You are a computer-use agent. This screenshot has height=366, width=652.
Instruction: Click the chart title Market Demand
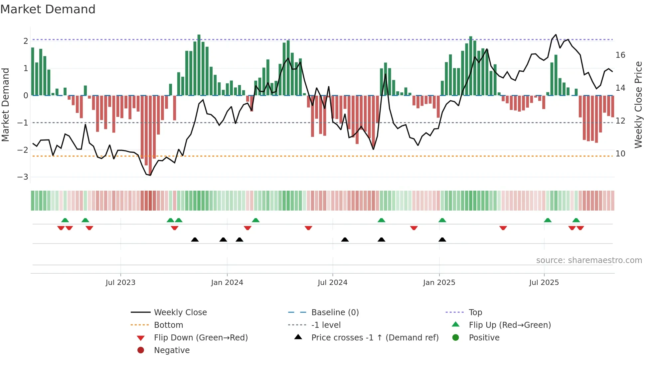48,9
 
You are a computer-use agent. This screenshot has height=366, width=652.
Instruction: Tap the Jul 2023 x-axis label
120,283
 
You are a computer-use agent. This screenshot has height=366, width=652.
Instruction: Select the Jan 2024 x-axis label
227,283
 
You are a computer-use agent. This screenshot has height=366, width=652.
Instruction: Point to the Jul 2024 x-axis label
332,283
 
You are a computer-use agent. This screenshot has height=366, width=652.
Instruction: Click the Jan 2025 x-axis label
439,283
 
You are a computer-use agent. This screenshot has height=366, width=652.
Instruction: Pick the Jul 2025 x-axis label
544,283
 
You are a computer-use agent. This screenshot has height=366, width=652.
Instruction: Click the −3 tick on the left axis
23,177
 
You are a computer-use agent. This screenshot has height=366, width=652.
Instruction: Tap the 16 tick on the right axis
620,55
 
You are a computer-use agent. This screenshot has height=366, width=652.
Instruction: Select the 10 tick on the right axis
620,154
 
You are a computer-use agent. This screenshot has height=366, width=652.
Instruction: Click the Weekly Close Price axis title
638,105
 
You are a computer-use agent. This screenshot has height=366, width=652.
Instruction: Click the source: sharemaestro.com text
589,260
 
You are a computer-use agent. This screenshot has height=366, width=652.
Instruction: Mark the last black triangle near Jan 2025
442,240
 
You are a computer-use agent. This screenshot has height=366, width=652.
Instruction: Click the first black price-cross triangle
195,240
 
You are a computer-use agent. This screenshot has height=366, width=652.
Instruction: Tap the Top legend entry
475,313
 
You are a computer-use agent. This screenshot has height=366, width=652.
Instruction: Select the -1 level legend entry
326,325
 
